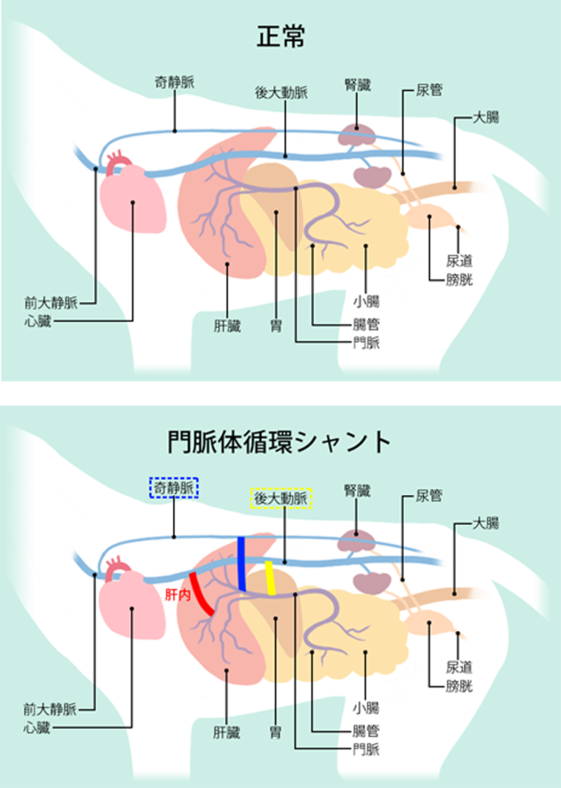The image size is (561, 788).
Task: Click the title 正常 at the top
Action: pos(280,37)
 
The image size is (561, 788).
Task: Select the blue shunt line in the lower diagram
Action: pos(242,564)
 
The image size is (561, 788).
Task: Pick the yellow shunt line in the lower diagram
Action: pos(269,577)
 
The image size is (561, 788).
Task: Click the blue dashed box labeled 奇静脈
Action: pos(173,487)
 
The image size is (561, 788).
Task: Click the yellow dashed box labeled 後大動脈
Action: pos(281,499)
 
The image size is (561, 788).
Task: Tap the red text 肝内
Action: pos(176,593)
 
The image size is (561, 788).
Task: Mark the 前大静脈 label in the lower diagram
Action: pos(50,709)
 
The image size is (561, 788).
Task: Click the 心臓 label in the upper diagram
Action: pos(37,320)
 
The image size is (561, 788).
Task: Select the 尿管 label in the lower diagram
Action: pos(428,496)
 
